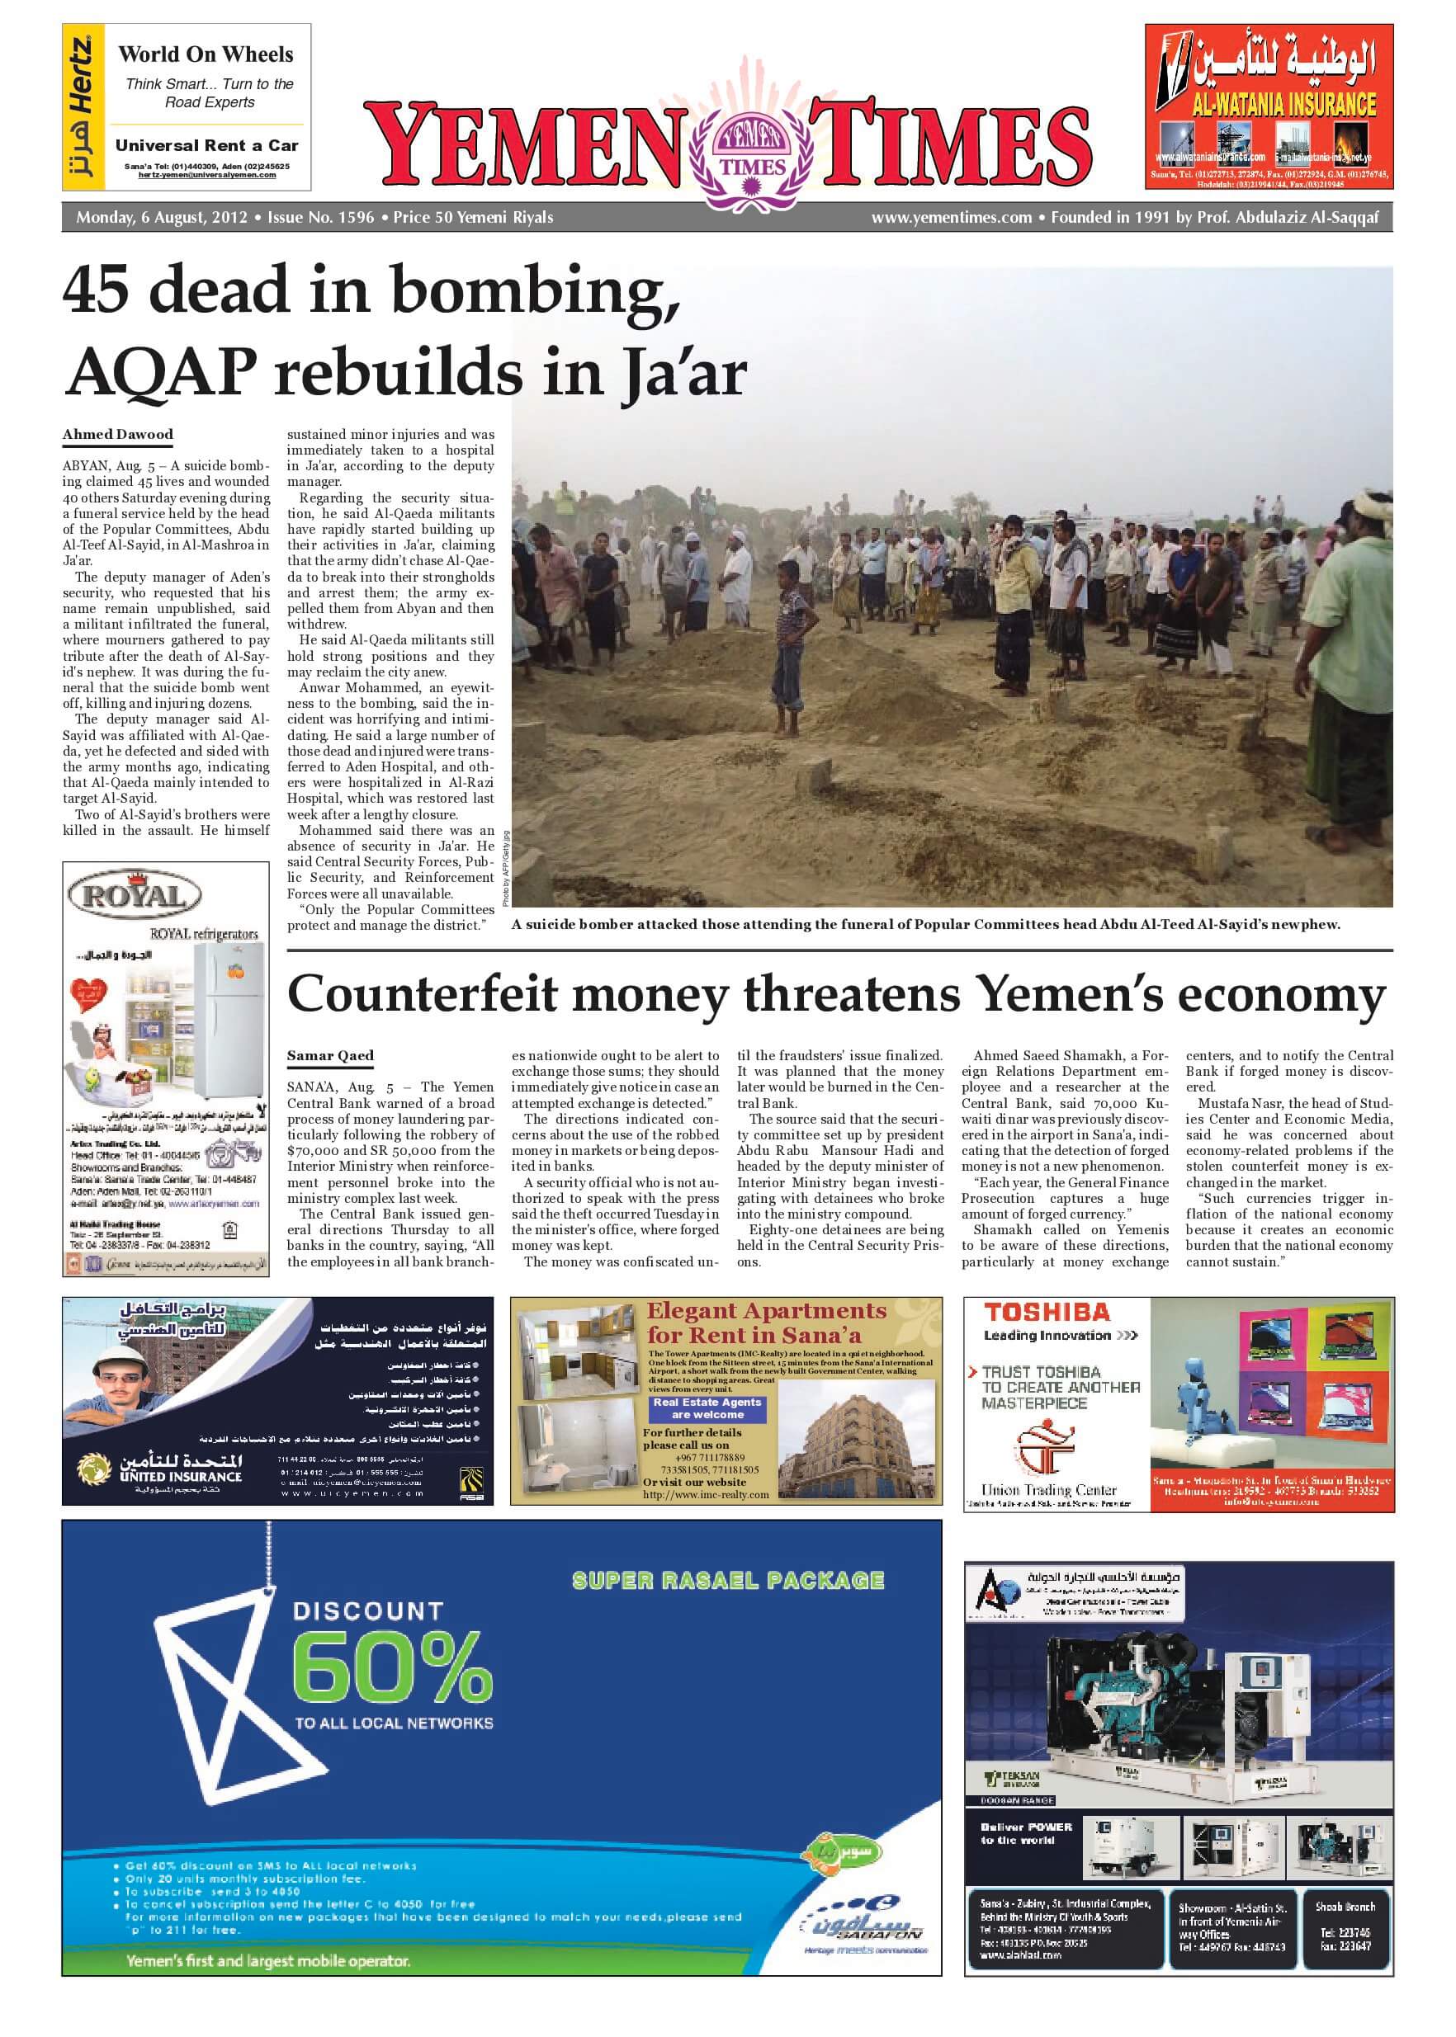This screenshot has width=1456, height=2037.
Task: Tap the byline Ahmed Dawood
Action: pos(117,435)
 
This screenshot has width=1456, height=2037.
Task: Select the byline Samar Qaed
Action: pos(330,1056)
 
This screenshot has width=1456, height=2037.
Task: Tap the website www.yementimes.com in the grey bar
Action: pos(951,217)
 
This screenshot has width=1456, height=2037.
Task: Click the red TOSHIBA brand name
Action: pos(1047,1313)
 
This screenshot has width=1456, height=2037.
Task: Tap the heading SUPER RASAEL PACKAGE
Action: pos(728,1581)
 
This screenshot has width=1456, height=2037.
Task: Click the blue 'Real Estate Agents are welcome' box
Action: pos(707,1409)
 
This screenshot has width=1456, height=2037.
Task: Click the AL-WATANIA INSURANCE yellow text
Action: pos(1283,106)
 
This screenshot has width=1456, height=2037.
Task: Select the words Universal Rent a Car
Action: pos(207,145)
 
